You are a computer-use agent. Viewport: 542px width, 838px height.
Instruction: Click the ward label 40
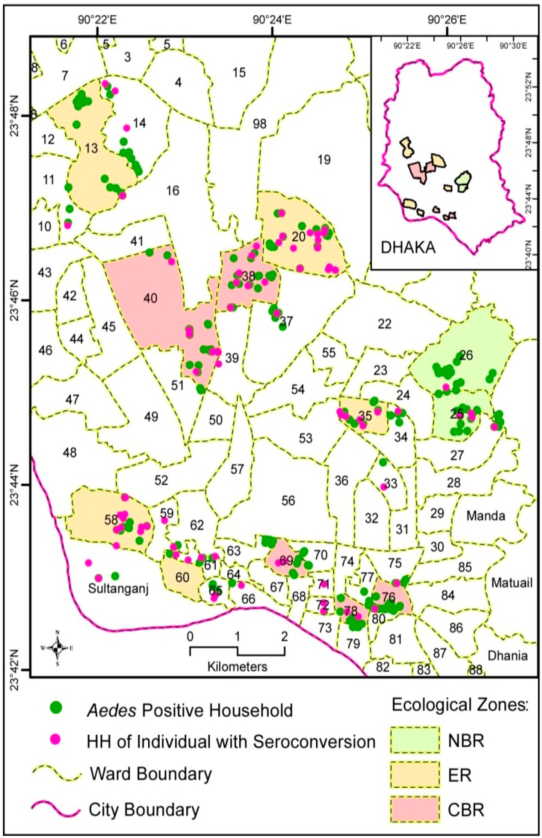pyautogui.click(x=150, y=299)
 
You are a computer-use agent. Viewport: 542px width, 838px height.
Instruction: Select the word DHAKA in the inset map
pyautogui.click(x=408, y=248)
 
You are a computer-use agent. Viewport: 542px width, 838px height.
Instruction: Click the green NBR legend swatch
pyautogui.click(x=415, y=741)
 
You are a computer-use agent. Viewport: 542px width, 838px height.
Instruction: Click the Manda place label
pyautogui.click(x=486, y=516)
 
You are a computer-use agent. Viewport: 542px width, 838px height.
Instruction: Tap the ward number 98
pyautogui.click(x=260, y=124)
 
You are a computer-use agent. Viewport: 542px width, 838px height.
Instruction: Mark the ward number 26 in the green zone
pyautogui.click(x=466, y=355)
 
